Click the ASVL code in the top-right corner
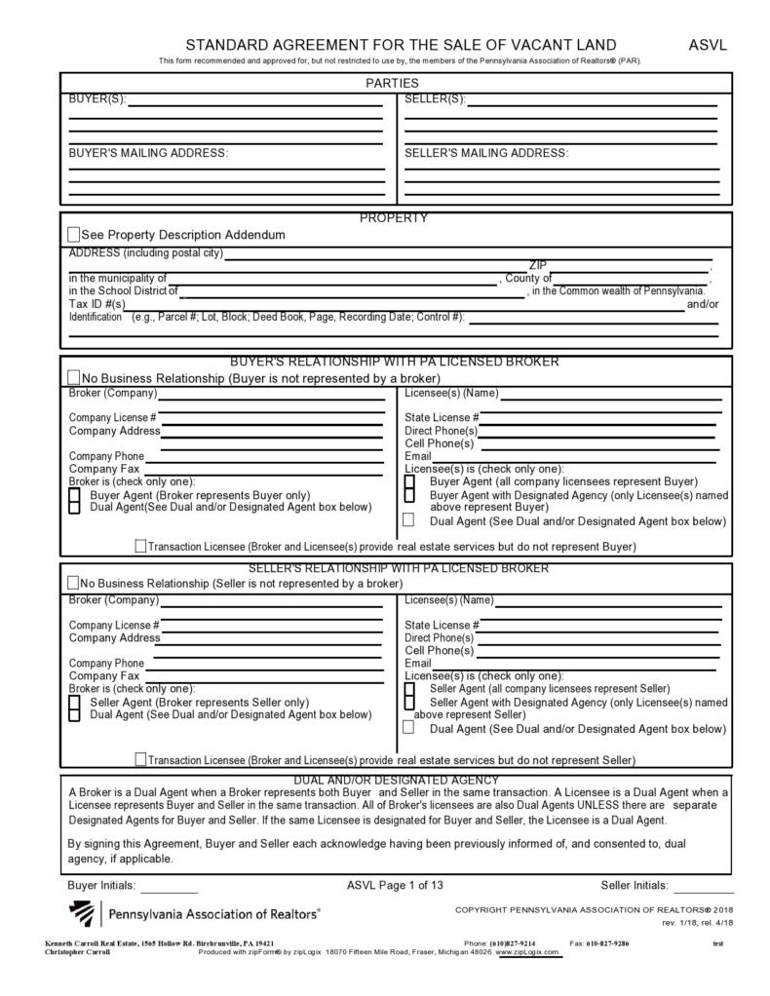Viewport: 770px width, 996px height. [x=708, y=45]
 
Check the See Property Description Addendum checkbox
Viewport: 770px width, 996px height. [x=74, y=235]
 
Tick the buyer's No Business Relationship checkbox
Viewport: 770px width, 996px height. [x=74, y=378]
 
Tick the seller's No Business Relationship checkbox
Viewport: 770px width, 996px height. [x=73, y=583]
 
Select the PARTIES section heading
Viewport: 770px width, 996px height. [x=392, y=84]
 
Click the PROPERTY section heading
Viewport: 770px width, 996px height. [x=394, y=218]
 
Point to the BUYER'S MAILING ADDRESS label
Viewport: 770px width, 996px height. [x=148, y=153]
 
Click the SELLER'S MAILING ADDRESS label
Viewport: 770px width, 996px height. [x=485, y=153]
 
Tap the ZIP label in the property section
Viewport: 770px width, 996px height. [x=538, y=265]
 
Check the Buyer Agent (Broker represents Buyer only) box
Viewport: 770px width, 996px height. [x=74, y=495]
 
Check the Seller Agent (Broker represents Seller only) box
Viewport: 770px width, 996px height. [x=74, y=702]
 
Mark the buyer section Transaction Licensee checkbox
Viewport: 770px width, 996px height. [x=141, y=547]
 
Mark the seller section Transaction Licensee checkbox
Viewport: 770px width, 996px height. [x=141, y=759]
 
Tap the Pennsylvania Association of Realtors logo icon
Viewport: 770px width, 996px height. [x=82, y=914]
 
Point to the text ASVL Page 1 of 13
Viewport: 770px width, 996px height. [x=395, y=886]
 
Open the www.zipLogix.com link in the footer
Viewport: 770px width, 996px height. [x=528, y=952]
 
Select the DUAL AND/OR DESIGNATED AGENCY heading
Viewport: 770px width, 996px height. [x=396, y=780]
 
